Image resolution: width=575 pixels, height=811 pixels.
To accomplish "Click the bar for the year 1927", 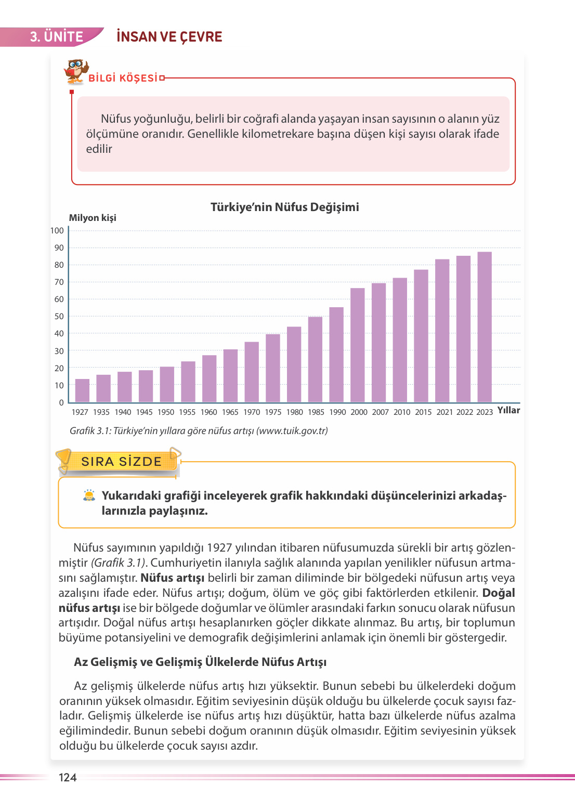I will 82,390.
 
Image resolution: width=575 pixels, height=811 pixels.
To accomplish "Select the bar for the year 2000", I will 358,345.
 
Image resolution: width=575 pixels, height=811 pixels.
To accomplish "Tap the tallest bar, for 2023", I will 485,327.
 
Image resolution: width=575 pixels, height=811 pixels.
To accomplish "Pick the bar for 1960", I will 209,378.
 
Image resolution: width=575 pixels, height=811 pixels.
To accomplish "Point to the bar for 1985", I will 315,359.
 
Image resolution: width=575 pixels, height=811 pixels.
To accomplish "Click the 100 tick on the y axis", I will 57,231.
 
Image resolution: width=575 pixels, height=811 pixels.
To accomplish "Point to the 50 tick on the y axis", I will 59,317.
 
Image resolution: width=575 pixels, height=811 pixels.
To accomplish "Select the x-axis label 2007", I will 380,412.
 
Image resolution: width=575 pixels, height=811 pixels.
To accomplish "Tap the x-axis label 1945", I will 144,412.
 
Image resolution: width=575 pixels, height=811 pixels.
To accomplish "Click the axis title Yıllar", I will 508,410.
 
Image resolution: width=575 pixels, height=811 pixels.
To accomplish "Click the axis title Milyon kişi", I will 93,218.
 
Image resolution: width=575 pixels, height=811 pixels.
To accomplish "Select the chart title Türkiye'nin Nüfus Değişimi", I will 284,207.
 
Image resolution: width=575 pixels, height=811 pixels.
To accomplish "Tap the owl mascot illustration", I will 76,71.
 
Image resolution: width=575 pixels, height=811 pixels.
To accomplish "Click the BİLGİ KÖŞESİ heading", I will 123,78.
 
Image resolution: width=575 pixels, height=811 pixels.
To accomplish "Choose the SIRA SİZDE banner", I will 121,462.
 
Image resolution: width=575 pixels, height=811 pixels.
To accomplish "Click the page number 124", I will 68,777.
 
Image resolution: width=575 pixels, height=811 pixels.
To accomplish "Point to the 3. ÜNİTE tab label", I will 56,37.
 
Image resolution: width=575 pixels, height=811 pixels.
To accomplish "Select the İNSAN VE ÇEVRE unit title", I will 169,37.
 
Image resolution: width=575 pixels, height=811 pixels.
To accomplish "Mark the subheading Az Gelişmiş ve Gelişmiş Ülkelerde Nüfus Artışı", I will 200,662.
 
